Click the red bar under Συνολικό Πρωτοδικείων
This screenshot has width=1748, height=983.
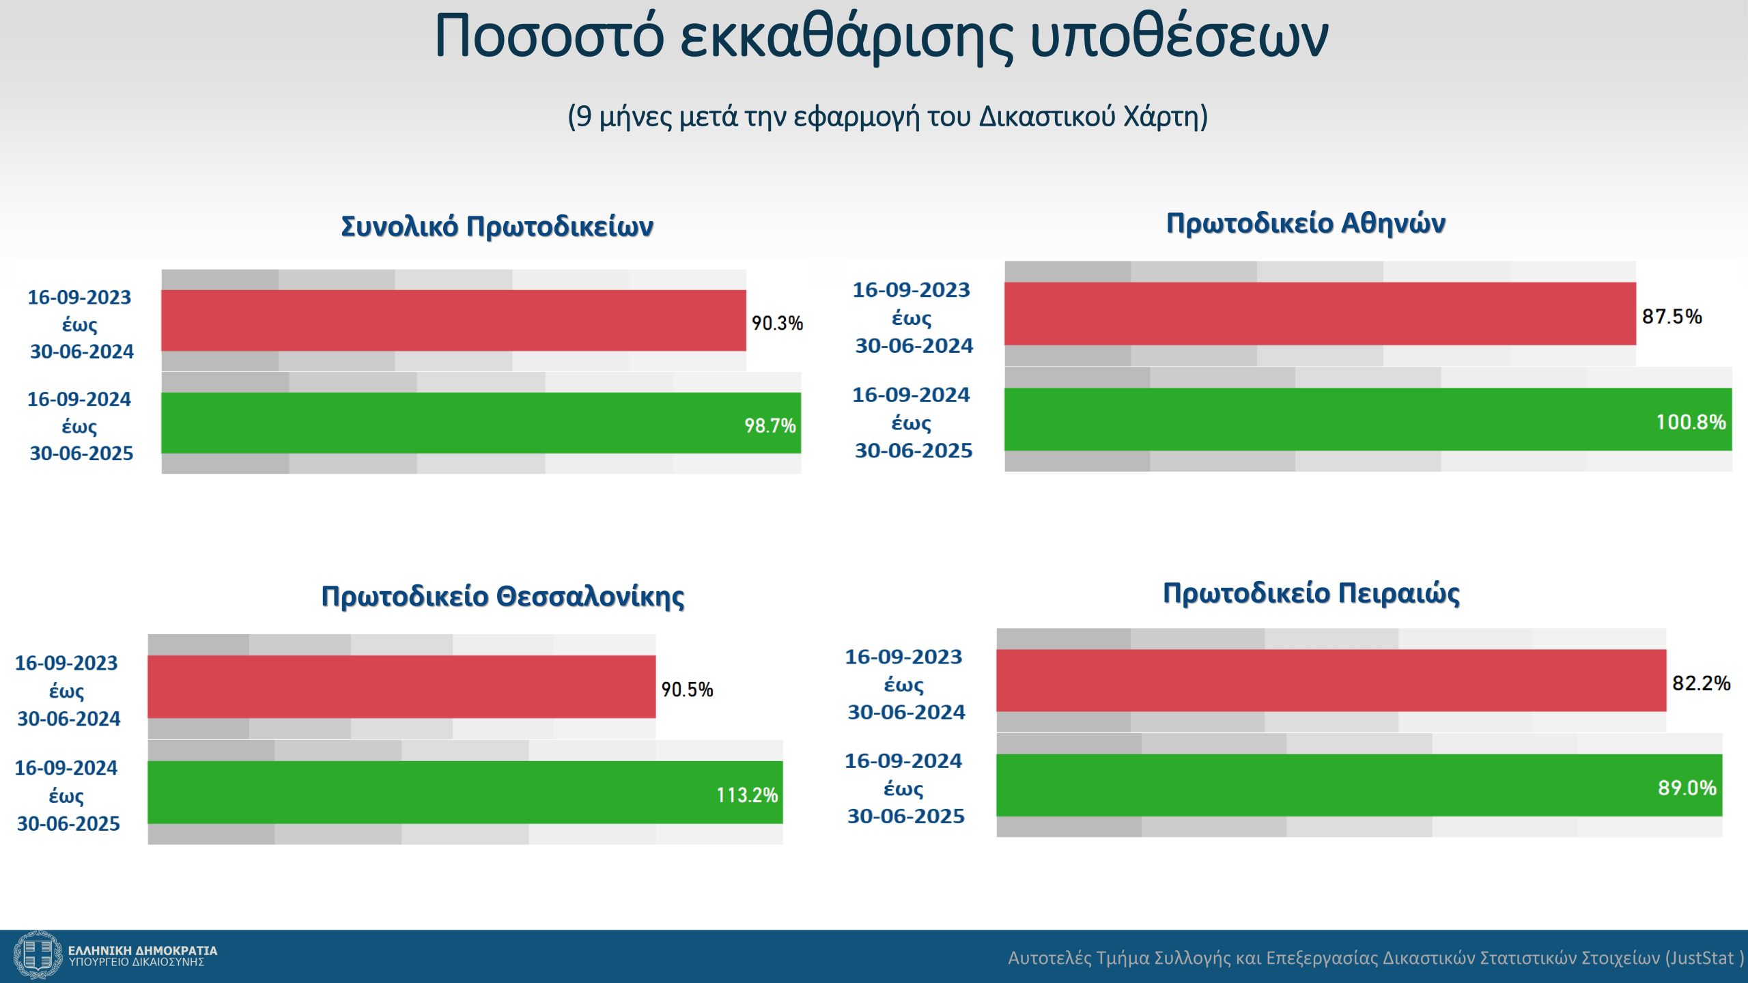pos(453,320)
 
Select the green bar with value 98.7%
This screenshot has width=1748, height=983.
pos(481,423)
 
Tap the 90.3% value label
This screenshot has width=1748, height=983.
pos(777,323)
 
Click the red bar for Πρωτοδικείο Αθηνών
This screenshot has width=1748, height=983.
pos(1320,313)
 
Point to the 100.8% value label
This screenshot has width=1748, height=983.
pos(1691,422)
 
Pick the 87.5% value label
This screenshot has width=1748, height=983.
pos(1672,316)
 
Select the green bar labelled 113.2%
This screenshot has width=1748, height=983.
pos(465,792)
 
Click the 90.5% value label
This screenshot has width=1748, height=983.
pos(687,689)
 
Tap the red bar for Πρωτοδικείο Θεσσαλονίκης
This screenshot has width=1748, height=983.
pos(401,687)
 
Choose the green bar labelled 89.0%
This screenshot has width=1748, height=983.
pos(1359,785)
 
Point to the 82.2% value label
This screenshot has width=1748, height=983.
pos(1701,683)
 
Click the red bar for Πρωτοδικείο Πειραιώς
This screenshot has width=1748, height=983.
pos(1331,681)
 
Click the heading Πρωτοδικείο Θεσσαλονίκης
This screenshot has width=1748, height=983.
pos(503,597)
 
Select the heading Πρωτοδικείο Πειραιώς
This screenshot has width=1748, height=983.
pos(1311,593)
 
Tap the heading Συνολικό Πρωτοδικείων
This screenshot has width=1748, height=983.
pos(497,226)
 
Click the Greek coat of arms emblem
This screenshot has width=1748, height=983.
pos(38,955)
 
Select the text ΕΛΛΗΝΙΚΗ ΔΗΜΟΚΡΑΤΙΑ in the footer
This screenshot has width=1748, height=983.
pos(143,950)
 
